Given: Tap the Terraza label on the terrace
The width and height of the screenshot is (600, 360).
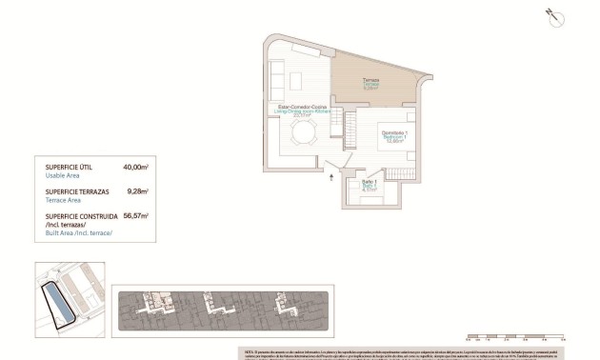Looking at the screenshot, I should click(x=371, y=80).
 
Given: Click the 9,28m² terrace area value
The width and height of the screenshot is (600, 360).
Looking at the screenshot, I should click(x=139, y=191).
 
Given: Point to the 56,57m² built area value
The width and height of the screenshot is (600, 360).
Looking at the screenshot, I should click(x=136, y=216).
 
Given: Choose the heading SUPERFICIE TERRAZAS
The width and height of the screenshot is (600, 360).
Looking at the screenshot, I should click(x=79, y=191).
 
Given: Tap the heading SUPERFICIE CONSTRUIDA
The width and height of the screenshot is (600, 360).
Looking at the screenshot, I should click(x=83, y=216).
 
